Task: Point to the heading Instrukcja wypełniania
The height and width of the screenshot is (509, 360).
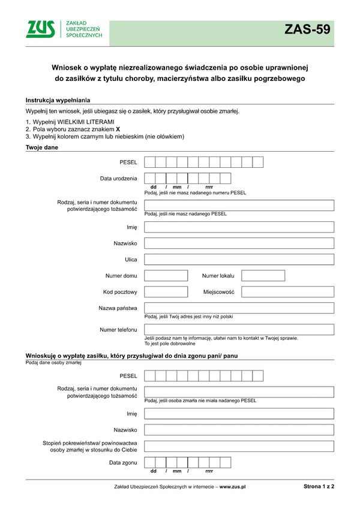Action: tap(58, 100)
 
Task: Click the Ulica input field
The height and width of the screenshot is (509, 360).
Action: tap(239, 260)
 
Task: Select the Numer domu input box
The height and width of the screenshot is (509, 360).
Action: tap(166, 276)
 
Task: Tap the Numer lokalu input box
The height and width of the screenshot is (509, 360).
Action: tap(263, 276)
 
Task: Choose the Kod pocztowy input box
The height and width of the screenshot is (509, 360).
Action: tap(166, 292)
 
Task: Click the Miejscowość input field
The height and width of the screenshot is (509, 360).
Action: tap(287, 292)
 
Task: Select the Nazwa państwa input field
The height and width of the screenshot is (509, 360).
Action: tap(239, 308)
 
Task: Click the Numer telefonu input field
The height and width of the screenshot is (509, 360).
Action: tap(239, 330)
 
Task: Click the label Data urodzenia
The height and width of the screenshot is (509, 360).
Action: tap(118, 178)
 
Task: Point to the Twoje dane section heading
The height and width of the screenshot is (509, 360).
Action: tap(42, 147)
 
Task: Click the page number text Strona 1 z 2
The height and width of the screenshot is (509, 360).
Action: tap(319, 487)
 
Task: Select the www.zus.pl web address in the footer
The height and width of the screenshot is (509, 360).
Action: tap(233, 487)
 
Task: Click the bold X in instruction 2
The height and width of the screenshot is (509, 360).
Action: tap(118, 129)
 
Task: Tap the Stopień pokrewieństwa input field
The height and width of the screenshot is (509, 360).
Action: tap(239, 446)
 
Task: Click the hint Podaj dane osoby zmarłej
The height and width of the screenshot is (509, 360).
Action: tap(53, 362)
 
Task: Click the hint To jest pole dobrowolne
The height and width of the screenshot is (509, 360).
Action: tap(170, 344)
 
